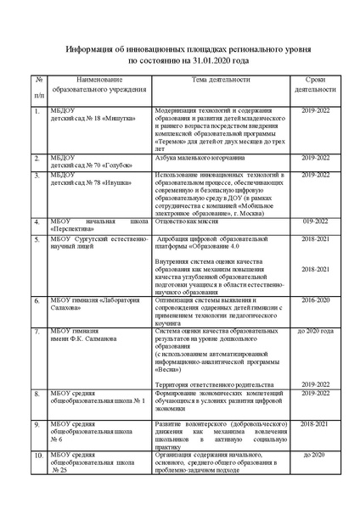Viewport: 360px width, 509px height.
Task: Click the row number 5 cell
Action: [x=37, y=240]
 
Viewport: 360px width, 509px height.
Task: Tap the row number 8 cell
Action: [x=37, y=394]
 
